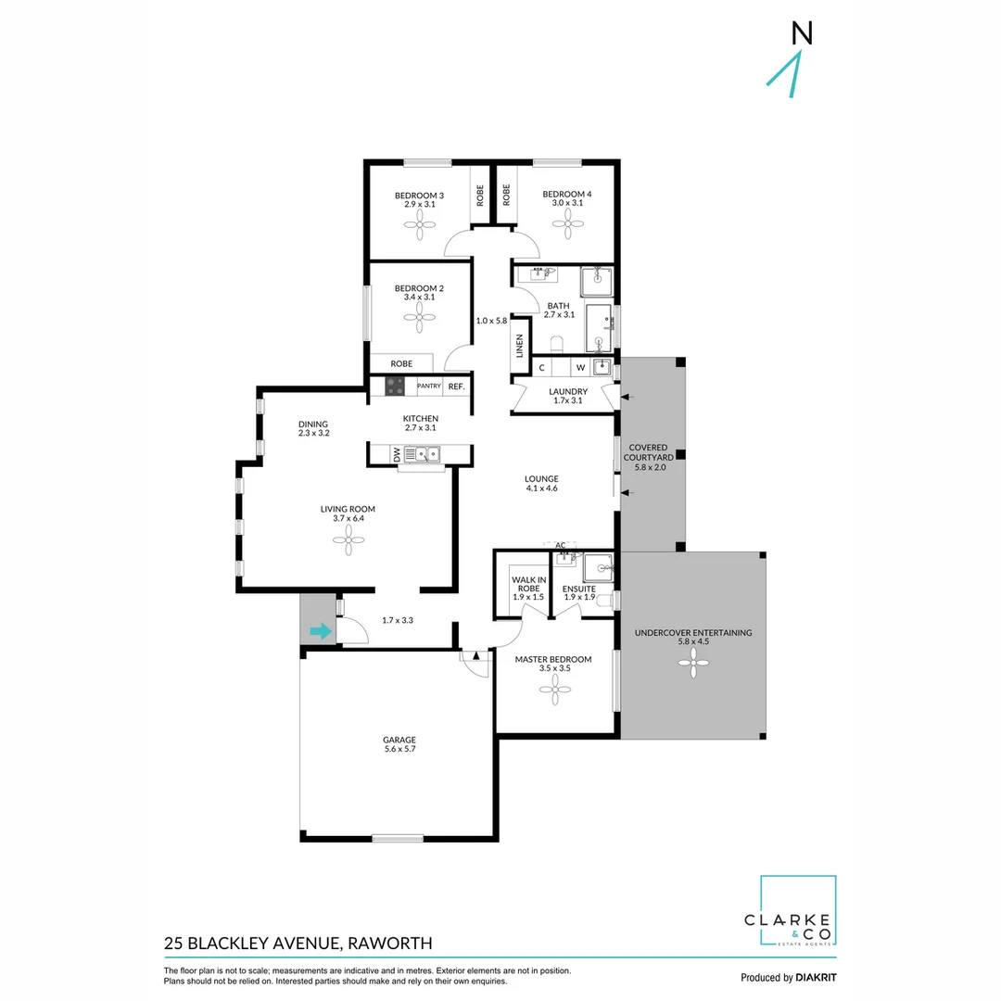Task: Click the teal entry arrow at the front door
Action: pos(321,632)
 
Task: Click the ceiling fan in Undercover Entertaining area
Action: pos(693,663)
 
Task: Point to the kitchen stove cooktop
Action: pos(395,386)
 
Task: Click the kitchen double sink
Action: pos(426,454)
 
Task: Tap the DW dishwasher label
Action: pos(397,454)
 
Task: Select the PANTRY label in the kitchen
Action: pos(428,386)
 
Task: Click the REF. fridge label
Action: pos(456,386)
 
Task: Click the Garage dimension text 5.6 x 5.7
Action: pos(400,749)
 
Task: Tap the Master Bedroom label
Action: pos(553,659)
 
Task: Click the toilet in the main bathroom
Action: pos(555,346)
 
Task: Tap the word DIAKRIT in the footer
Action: pos(817,978)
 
